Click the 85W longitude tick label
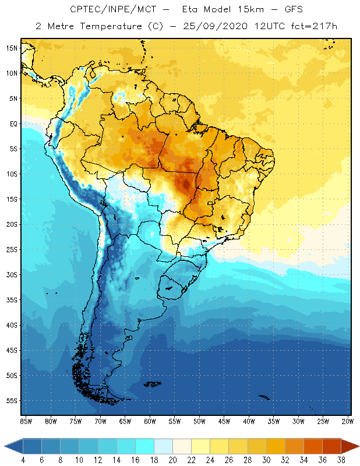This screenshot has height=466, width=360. point(26,421)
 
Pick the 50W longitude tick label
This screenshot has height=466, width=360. point(199,421)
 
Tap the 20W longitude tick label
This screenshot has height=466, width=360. point(347,421)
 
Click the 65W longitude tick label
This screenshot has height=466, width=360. point(125,421)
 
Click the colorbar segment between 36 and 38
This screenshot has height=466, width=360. point(332,446)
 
